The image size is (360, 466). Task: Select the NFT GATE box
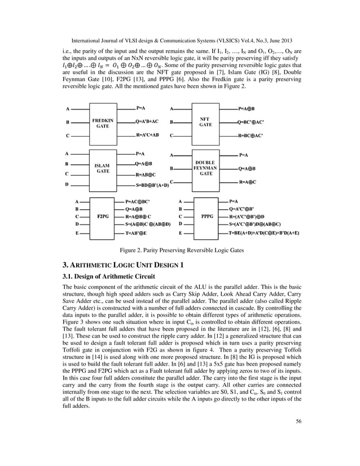pos(205,121)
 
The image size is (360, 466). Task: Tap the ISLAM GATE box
pos(102,168)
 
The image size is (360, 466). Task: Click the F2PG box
pos(102,216)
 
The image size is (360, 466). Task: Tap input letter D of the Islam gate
pos(67,184)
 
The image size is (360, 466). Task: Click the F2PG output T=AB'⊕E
pos(136,232)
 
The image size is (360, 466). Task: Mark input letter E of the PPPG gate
pos(180,232)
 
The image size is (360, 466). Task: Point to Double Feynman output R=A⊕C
pos(248,182)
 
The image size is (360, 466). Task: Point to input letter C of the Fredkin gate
pos(67,136)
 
